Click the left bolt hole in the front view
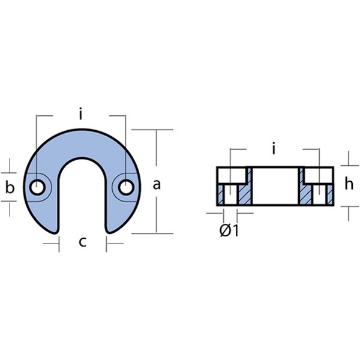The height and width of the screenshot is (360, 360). point(37,187)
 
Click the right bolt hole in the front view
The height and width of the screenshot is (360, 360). point(126,187)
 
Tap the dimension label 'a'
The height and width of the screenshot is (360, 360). point(157,184)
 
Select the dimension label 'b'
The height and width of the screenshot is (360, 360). point(10,187)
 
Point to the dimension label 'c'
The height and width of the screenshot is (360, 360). point(83,242)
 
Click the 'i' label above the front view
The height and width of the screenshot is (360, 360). point(80,113)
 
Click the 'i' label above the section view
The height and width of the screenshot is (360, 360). point(274,148)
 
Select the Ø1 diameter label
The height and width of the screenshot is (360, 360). point(229,230)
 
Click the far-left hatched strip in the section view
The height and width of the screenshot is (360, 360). point(221,194)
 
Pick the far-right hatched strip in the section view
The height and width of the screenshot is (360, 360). point(330,194)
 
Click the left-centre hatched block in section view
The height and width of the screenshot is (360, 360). point(245,190)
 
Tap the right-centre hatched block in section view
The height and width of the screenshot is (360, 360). point(306,190)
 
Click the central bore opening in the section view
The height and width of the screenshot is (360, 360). point(275,186)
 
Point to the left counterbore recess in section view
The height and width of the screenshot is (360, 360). point(232,176)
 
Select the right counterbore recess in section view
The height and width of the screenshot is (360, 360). point(319,176)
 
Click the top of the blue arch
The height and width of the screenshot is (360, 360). point(82,129)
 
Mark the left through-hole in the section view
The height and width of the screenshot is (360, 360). point(231,194)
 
